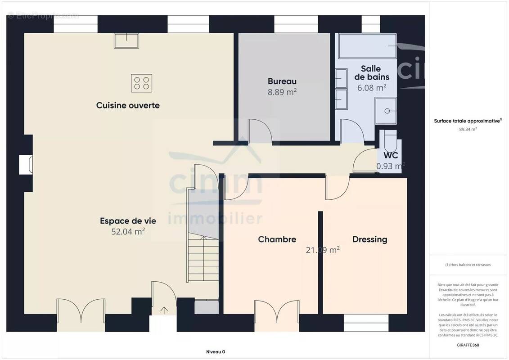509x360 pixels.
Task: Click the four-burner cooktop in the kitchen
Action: pos(141,83)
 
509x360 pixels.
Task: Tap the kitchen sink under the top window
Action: pos(126,40)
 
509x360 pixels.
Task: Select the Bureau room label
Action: pos(282,81)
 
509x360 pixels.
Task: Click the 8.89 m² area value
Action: pos(282,92)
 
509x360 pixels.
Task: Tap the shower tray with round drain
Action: pos(386,110)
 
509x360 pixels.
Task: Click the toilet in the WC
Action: pos(390,140)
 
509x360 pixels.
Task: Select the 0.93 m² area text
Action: pos(390,166)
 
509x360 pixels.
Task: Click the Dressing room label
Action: pos(370,239)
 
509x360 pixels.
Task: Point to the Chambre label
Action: pos(277,239)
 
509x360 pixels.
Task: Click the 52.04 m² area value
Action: pos(128,231)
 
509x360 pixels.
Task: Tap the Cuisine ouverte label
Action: pos(128,105)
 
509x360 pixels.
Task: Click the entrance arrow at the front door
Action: pos(164,310)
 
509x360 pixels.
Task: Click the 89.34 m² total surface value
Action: pos(468,129)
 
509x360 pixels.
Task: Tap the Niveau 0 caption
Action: pos(216,352)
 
